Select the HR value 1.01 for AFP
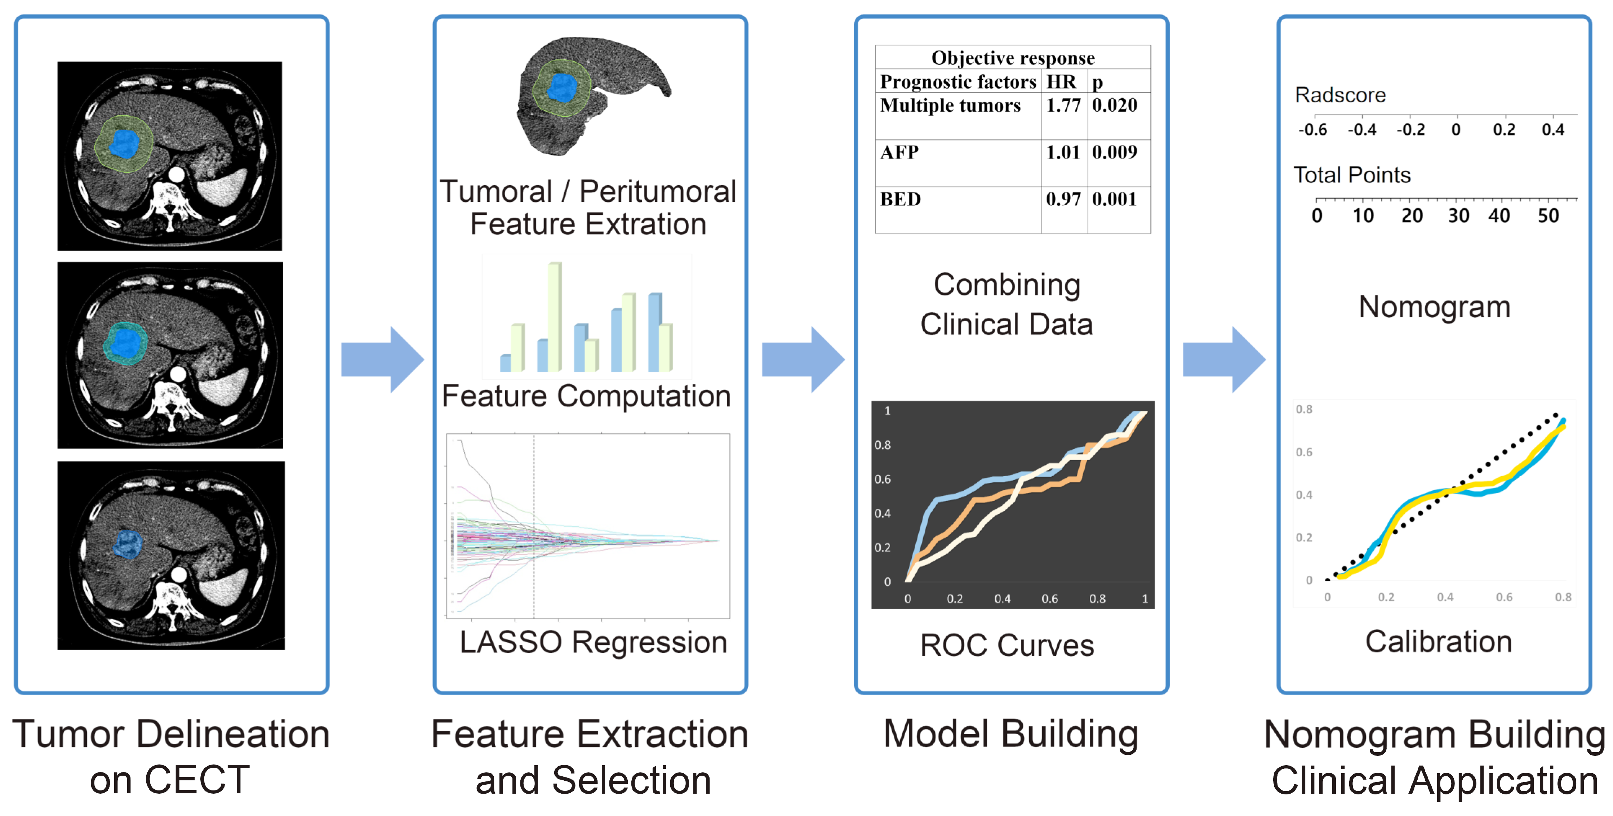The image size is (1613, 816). click(1063, 152)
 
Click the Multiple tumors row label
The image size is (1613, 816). click(950, 105)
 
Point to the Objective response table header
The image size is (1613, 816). click(1013, 58)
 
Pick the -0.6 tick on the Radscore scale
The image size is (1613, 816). click(1312, 130)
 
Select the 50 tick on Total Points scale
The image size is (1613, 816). click(1548, 216)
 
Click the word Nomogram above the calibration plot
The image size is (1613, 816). click(1434, 307)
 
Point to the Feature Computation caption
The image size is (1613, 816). click(586, 396)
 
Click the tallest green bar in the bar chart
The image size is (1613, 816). click(554, 316)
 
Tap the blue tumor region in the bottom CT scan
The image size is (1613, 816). click(128, 544)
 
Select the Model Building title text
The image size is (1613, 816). click(1010, 734)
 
